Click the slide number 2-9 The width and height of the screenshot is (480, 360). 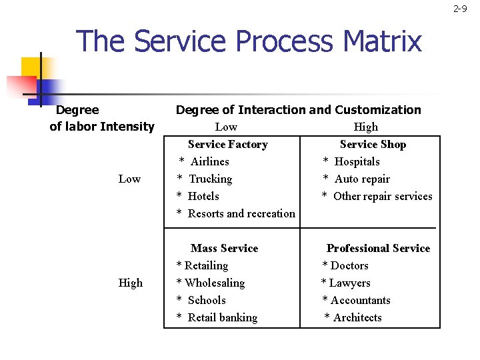[x=460, y=9]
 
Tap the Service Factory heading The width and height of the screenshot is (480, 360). [x=227, y=144]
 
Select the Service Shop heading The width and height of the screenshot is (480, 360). [x=373, y=144]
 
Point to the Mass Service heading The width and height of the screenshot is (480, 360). [x=224, y=248]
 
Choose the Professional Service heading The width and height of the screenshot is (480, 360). [x=378, y=248]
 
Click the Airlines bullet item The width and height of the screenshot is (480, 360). [x=209, y=161]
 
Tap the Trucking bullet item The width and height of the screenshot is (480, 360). [x=210, y=179]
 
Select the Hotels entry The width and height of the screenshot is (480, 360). [x=203, y=196]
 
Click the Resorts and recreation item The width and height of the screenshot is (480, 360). [x=241, y=213]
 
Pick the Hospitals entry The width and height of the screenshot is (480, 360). [x=357, y=161]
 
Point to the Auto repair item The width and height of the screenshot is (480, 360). [x=362, y=179]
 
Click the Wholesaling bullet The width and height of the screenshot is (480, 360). [x=214, y=283]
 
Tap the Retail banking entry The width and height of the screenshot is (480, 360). [x=222, y=317]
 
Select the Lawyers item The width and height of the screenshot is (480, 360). [x=350, y=283]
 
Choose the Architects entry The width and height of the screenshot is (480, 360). [x=357, y=317]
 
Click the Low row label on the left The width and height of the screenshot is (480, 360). [x=129, y=179]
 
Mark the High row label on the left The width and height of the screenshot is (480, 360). [x=130, y=283]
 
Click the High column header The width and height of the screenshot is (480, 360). [x=365, y=127]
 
